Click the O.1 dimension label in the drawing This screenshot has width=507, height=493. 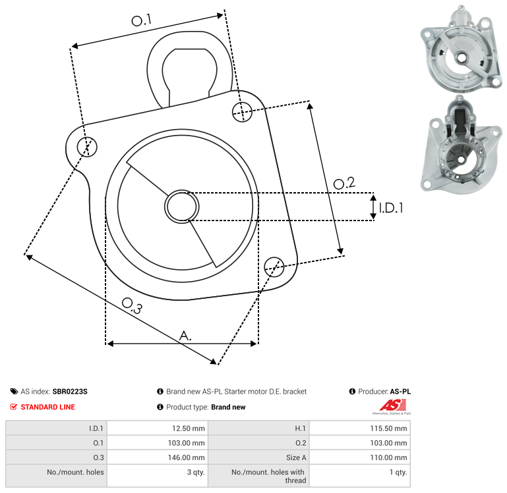(141, 20)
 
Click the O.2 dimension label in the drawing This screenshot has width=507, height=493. (344, 183)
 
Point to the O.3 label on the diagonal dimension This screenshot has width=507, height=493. (132, 305)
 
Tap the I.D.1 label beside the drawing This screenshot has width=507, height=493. (391, 208)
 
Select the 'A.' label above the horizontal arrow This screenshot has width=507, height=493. (185, 336)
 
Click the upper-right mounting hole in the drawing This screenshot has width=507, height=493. (242, 112)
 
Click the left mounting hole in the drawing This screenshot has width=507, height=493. (87, 147)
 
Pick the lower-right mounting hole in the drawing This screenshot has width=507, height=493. (274, 267)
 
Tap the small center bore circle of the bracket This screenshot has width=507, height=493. (182, 207)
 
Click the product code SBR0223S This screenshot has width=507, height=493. (70, 392)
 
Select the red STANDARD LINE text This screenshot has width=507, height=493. (48, 407)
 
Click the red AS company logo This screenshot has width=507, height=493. (392, 407)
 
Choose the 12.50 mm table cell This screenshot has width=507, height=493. (158, 428)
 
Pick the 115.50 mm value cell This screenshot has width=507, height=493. (359, 428)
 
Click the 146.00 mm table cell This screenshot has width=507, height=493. (158, 457)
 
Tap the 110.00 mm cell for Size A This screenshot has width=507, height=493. (359, 457)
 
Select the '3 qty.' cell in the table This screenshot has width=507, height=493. (158, 476)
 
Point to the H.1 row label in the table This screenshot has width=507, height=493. (300, 428)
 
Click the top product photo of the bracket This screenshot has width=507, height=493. (462, 49)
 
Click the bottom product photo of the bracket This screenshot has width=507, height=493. (462, 145)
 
